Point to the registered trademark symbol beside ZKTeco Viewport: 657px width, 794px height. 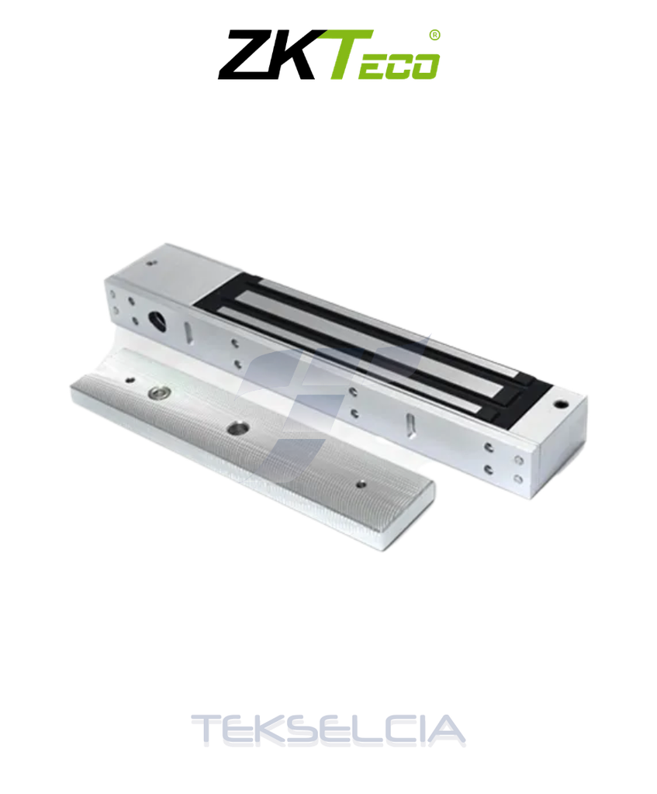click(434, 34)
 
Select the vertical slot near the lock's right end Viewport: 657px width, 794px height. click(410, 425)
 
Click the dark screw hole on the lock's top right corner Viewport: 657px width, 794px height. click(560, 404)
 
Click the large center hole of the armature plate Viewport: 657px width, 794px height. click(234, 428)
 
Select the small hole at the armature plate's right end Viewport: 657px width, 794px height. click(360, 484)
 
